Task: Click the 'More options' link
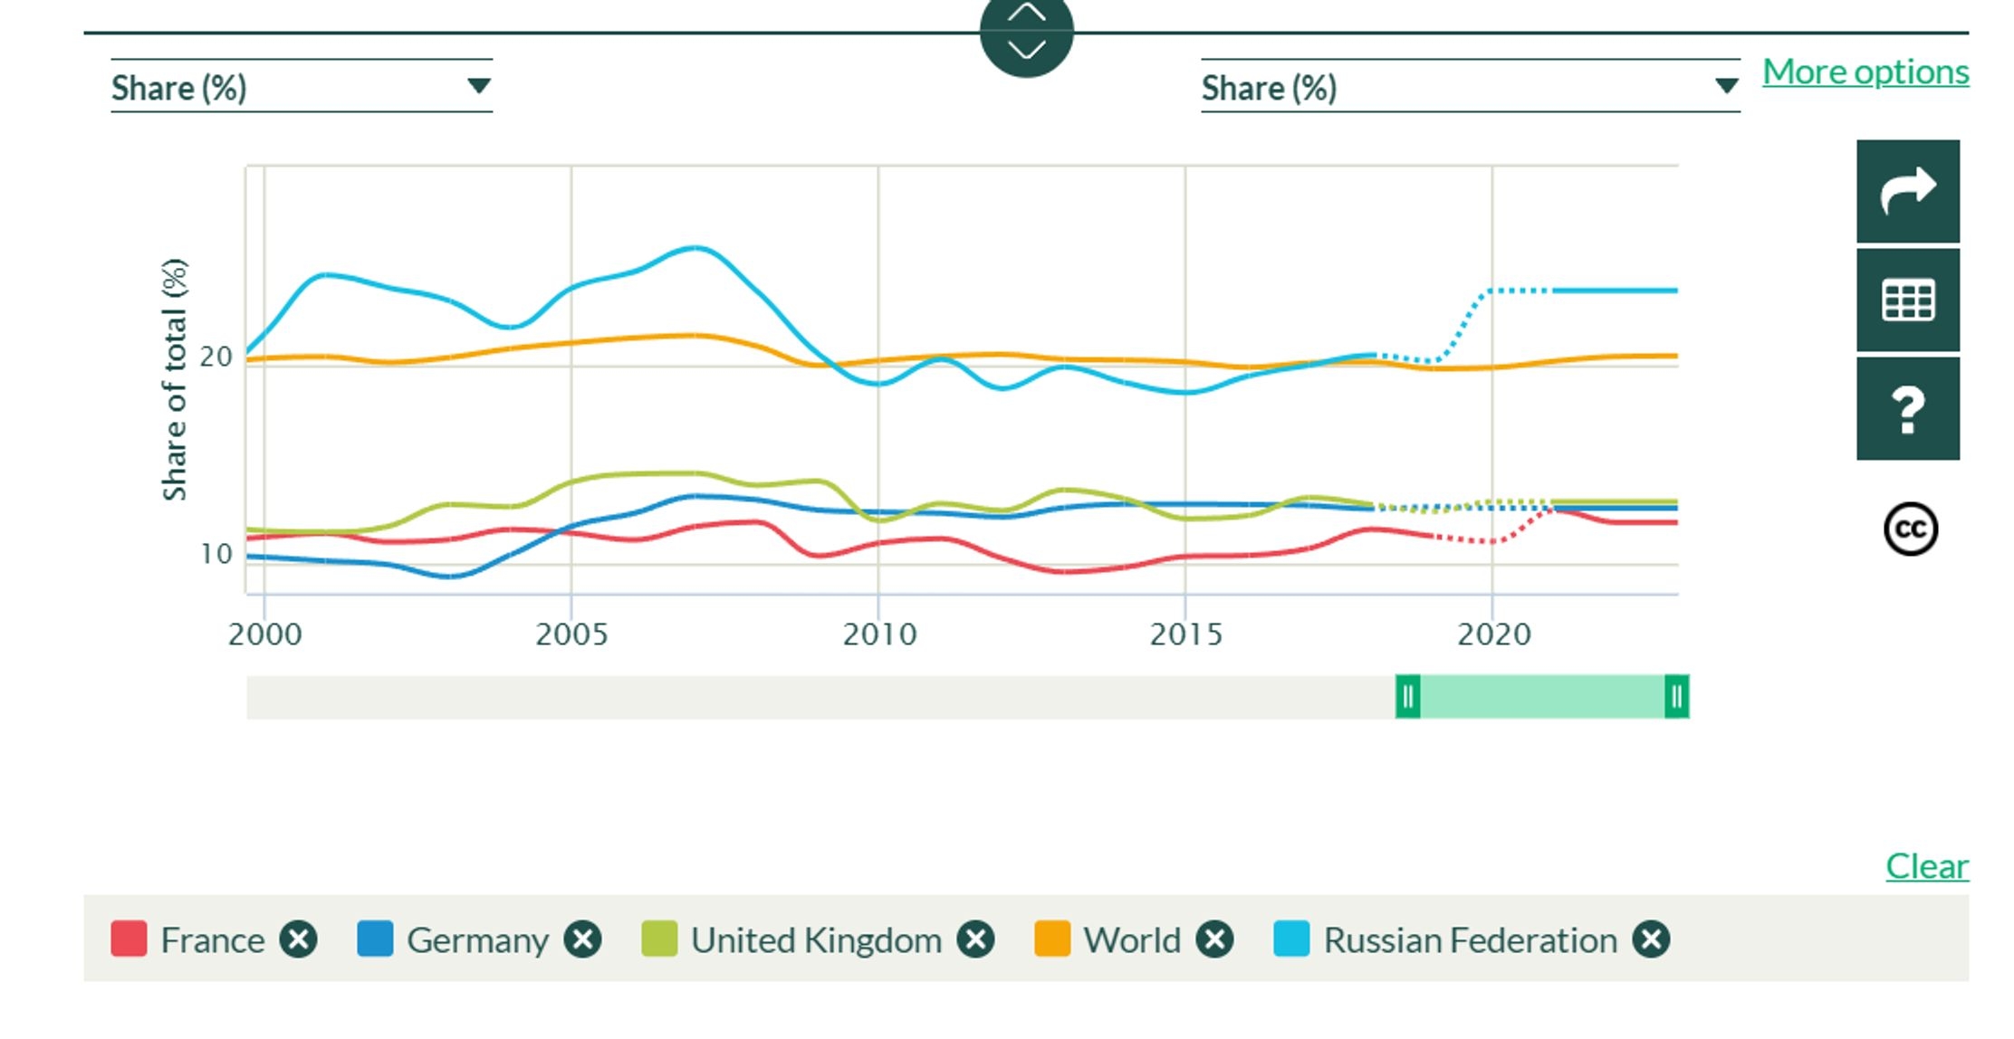tap(1865, 71)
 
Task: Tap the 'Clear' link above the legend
tap(1926, 866)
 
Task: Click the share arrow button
tap(1907, 191)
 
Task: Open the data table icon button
tap(1907, 300)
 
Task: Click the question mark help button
tap(1907, 409)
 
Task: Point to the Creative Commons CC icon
tap(1910, 529)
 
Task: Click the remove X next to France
tap(298, 939)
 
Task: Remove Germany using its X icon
tap(582, 939)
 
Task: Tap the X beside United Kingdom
tap(976, 939)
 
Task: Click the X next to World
tap(1214, 939)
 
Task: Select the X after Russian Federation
tap(1651, 939)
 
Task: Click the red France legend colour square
tap(129, 939)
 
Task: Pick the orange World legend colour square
tap(1052, 939)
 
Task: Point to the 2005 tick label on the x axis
tap(571, 634)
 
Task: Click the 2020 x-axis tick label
tap(1493, 634)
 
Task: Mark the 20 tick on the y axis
tap(216, 357)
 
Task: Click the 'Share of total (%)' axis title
tap(174, 379)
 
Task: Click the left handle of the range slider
tap(1407, 697)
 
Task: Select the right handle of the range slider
tap(1676, 697)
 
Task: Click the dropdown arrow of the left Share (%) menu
tap(478, 86)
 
